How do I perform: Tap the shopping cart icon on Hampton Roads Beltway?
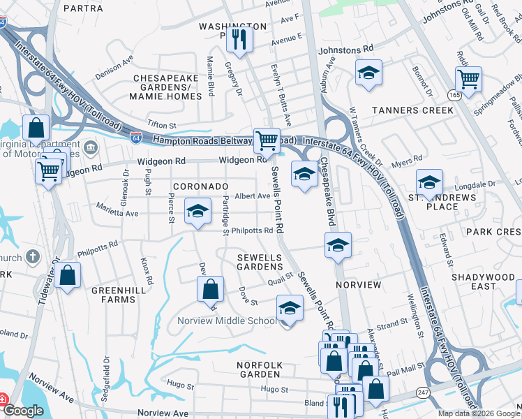pyautogui.click(x=267, y=140)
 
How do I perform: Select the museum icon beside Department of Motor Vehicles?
pyautogui.click(x=91, y=148)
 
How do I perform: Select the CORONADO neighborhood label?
pyautogui.click(x=200, y=186)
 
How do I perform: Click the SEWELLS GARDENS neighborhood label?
pyautogui.click(x=260, y=263)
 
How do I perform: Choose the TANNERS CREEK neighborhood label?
pyautogui.click(x=412, y=110)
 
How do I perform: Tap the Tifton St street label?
pyautogui.click(x=163, y=124)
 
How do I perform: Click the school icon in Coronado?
pyautogui.click(x=198, y=212)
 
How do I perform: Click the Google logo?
pyautogui.click(x=23, y=411)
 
